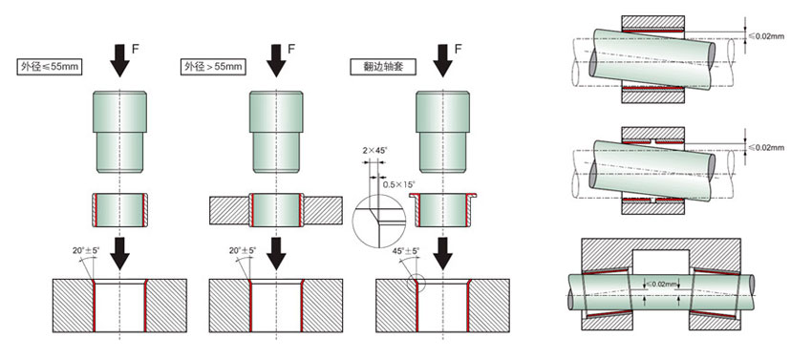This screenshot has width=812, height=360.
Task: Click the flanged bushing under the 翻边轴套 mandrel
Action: [x=441, y=206]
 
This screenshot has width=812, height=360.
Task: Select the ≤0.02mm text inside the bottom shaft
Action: [x=665, y=285]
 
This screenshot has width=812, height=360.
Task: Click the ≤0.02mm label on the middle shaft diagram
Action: [x=766, y=146]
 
